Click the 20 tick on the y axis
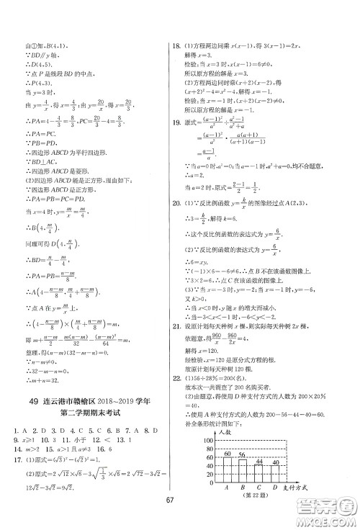tap(209, 484)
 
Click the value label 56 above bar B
tap(243, 454)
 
